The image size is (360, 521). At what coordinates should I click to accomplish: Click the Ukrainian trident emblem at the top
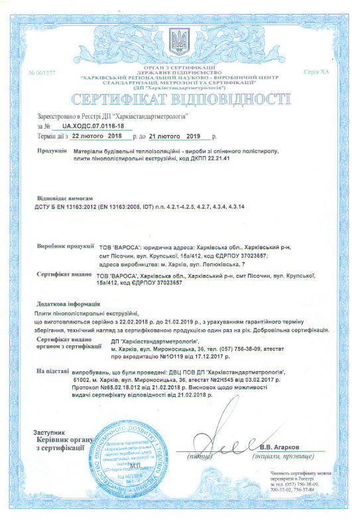179,42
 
